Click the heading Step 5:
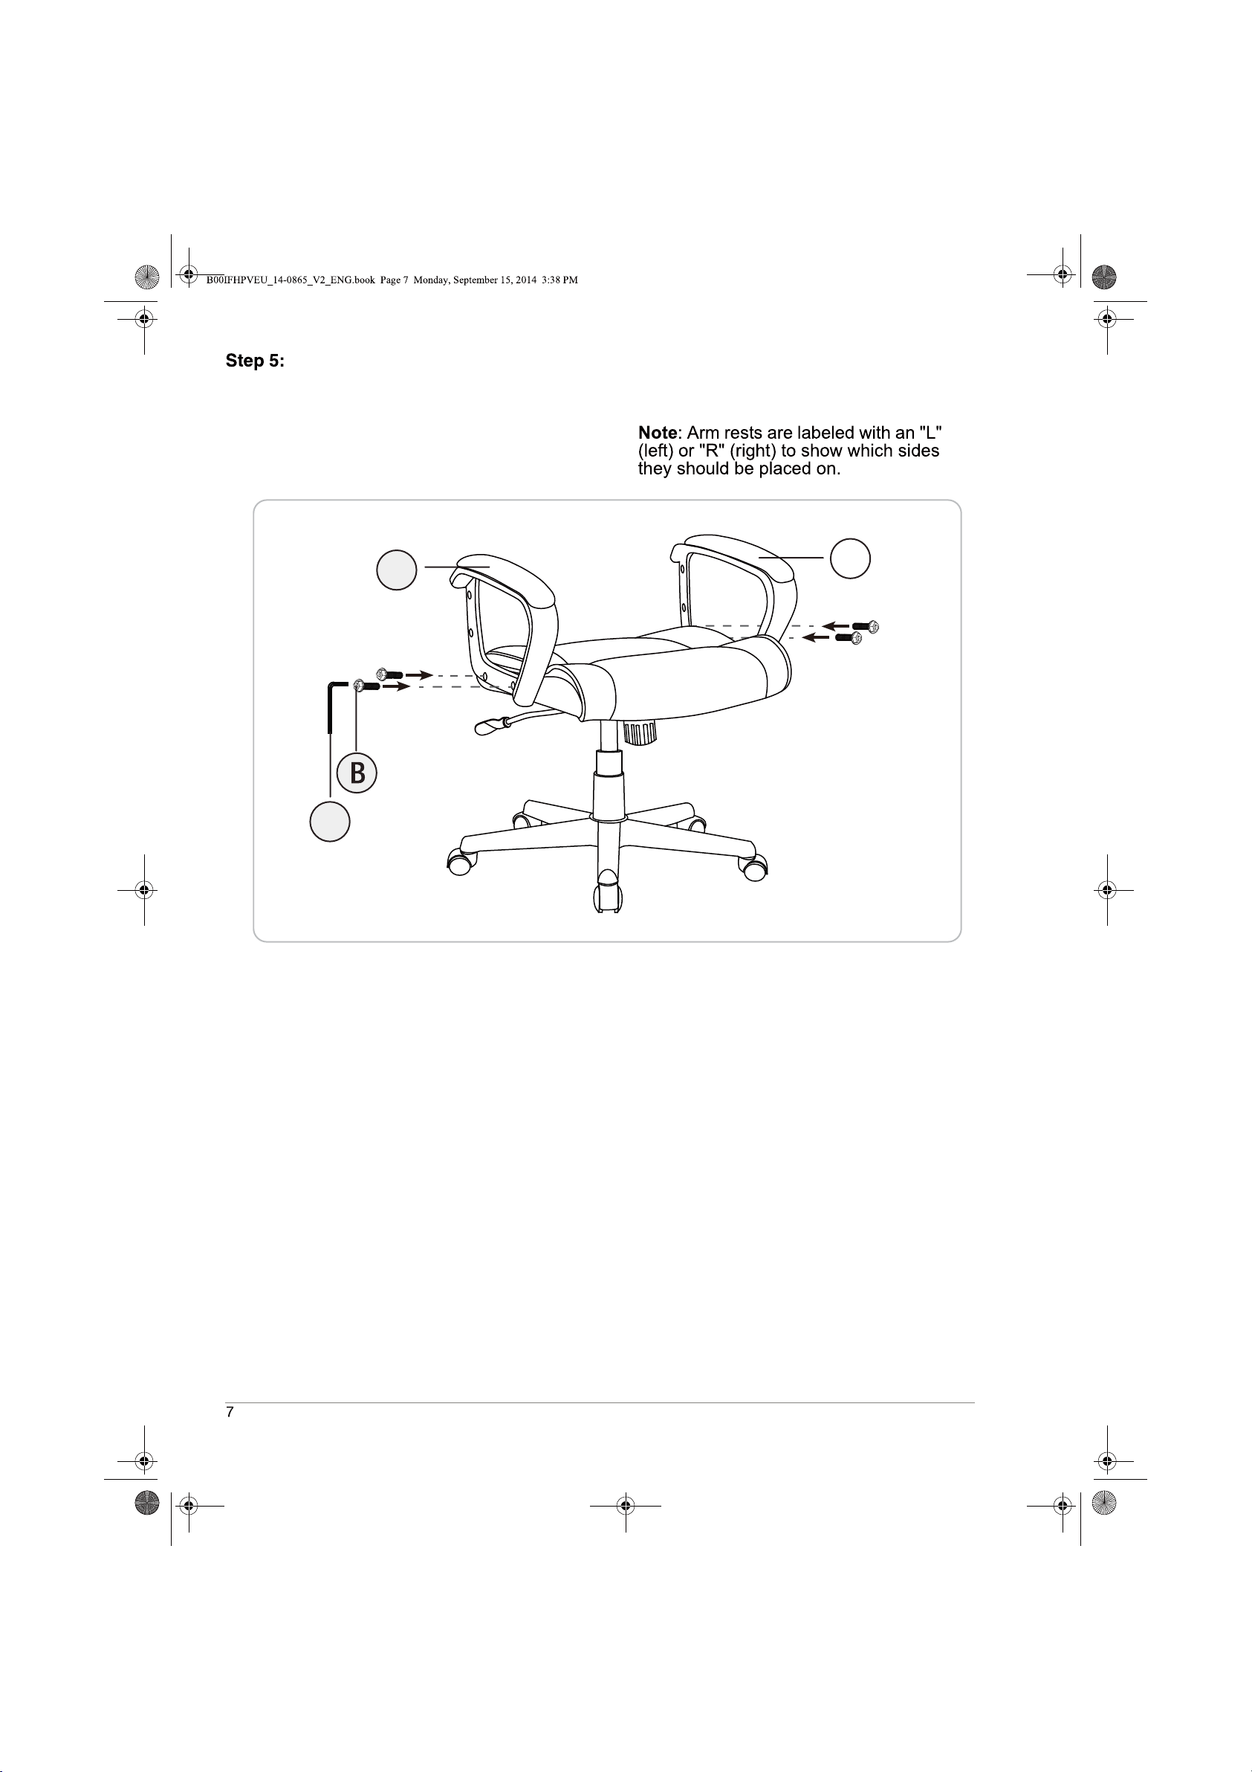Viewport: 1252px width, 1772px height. coord(255,361)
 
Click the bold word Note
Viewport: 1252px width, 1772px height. coord(658,432)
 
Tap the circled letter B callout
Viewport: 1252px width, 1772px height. coord(357,772)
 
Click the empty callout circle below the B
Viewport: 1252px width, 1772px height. coord(330,821)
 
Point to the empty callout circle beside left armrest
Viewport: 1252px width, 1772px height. coord(397,570)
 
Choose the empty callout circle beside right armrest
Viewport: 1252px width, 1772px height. coord(850,558)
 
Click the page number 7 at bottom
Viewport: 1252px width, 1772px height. coord(230,1411)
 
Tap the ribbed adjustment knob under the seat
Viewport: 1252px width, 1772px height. coord(640,732)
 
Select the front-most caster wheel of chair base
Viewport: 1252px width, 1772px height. coord(608,892)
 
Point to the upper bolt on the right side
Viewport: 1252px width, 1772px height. coord(866,626)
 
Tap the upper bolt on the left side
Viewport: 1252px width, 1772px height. coord(389,674)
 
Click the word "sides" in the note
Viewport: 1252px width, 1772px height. coord(918,451)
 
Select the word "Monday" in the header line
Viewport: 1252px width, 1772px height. coord(431,280)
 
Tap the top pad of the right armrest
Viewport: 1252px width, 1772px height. coord(733,555)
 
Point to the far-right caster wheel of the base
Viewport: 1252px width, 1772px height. coord(753,867)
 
